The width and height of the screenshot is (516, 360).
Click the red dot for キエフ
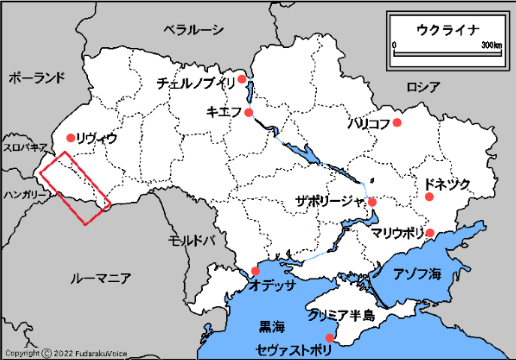249,112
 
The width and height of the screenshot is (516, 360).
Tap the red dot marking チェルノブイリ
242,79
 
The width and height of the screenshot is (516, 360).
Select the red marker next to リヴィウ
71,137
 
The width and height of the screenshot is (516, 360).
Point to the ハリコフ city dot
397,123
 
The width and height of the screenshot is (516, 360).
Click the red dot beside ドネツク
429,197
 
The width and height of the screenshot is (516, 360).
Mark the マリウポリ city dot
431,232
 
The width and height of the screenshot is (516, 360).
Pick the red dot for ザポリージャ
372,202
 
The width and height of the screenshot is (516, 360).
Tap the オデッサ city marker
255,271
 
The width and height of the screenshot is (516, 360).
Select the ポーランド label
37,78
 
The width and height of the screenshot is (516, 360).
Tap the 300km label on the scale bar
492,45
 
